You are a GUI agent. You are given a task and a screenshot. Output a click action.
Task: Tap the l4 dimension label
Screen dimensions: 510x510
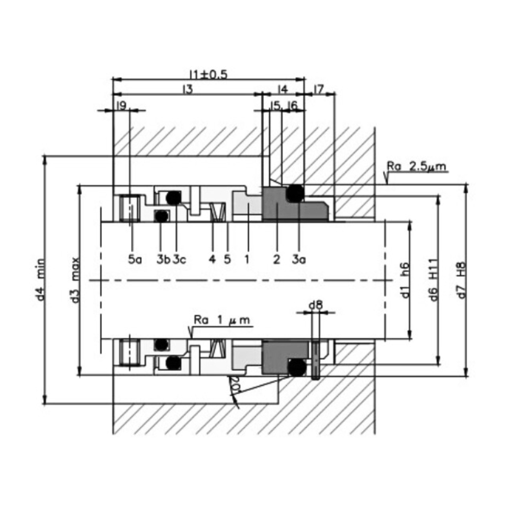282,89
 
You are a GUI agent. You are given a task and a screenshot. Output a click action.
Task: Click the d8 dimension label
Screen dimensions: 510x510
316,305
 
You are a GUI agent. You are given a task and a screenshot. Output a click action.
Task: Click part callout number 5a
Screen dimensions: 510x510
135,259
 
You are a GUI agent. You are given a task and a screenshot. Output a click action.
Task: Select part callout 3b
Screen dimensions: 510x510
163,259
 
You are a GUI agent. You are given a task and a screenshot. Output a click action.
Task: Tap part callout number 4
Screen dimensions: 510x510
212,259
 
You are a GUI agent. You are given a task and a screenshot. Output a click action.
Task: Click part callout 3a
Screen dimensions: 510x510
299,259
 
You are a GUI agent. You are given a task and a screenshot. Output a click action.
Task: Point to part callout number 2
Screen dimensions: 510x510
276,259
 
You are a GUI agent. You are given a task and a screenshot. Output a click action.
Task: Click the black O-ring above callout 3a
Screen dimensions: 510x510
295,193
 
